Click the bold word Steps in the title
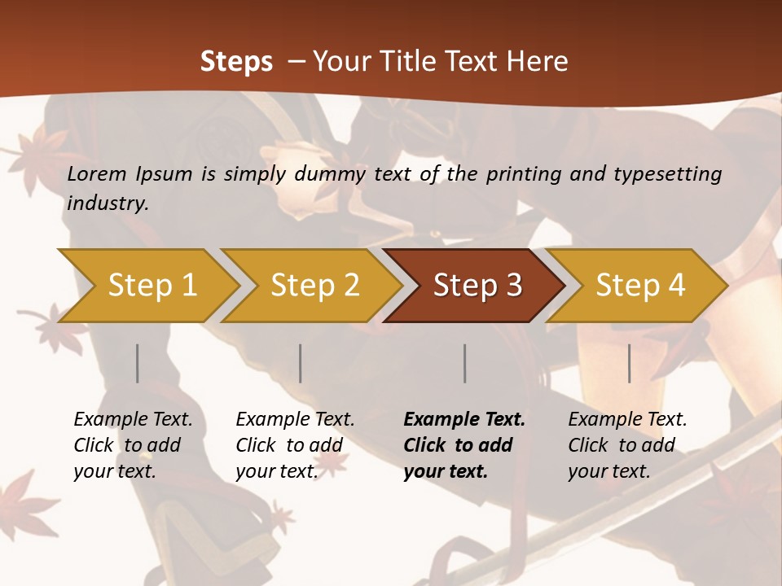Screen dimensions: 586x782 point(236,62)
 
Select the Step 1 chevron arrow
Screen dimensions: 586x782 point(152,286)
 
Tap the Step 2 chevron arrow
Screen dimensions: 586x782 point(314,286)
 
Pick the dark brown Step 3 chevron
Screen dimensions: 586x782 point(477,286)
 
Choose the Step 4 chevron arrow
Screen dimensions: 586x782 point(640,286)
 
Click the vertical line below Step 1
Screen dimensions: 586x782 point(138,363)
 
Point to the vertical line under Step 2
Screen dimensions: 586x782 point(301,363)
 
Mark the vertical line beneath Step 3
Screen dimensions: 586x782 point(465,363)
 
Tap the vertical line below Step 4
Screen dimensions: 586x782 point(630,363)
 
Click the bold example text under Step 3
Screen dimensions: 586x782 point(464,445)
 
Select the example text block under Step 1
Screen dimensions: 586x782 point(133,445)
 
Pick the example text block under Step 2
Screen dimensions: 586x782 point(295,445)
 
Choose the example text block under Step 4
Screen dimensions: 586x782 point(627,445)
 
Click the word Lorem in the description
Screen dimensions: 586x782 point(97,173)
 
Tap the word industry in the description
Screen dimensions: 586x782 point(108,203)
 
